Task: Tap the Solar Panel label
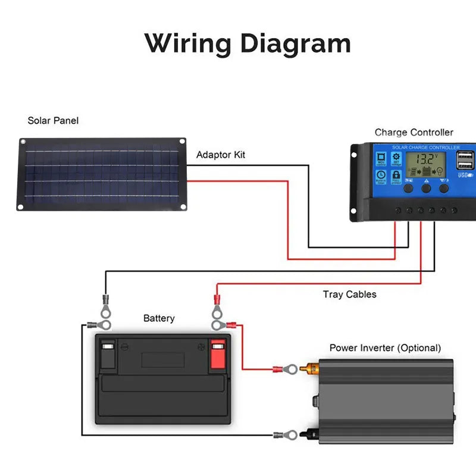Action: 53,121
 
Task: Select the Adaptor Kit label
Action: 221,155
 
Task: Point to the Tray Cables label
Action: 350,294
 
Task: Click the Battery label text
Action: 159,318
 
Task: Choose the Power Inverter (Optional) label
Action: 385,347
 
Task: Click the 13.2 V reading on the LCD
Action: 426,159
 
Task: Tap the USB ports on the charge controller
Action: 465,161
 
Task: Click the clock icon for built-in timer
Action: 381,176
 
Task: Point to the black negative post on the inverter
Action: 311,435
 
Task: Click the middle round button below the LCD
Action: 426,188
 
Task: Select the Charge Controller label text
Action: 414,133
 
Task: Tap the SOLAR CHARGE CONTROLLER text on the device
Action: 425,147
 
